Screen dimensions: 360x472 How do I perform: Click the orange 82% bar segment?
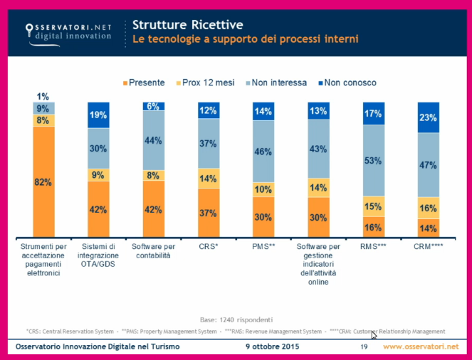click(x=44, y=182)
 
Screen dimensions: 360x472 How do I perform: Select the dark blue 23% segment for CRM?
click(x=429, y=117)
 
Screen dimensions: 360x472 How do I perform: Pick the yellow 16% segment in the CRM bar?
click(x=429, y=208)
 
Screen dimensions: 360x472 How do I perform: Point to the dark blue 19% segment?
click(x=99, y=115)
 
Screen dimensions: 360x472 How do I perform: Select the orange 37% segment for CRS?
click(x=209, y=213)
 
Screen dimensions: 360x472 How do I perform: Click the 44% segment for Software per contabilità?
click(x=154, y=141)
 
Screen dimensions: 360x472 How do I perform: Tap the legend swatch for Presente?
click(x=125, y=83)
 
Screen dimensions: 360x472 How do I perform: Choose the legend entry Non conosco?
click(x=348, y=83)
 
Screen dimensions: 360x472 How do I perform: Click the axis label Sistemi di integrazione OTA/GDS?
click(x=99, y=254)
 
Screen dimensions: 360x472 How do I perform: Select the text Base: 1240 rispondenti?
click(x=236, y=319)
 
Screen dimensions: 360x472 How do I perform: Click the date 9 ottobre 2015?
click(x=273, y=346)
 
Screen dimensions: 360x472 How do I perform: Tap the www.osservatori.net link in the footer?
click(x=421, y=346)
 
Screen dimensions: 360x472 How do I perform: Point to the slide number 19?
click(x=363, y=346)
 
